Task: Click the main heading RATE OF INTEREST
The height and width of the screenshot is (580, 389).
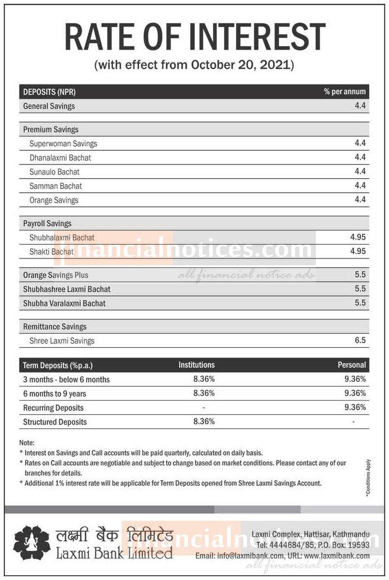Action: [194, 38]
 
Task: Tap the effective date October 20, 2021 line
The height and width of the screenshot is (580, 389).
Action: [194, 65]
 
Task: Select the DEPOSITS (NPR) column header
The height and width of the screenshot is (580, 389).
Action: [46, 92]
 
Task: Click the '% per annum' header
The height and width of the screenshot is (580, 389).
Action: [345, 92]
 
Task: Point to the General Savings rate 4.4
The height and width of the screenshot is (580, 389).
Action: [360, 106]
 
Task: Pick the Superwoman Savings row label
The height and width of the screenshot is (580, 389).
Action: [63, 144]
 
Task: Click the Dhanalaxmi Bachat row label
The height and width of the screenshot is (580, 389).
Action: [60, 158]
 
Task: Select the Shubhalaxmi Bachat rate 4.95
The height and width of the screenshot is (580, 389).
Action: [358, 237]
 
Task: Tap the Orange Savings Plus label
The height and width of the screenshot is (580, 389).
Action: [55, 275]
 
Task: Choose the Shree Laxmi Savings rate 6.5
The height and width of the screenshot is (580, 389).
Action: [360, 340]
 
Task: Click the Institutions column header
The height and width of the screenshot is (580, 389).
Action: [196, 365]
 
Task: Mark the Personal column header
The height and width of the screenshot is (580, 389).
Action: [351, 365]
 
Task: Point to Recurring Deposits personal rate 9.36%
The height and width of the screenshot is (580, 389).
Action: [355, 408]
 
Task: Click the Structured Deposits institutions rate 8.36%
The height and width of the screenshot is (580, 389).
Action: [204, 422]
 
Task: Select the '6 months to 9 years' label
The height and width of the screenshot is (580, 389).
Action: [54, 394]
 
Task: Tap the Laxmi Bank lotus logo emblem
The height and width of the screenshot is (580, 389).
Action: [32, 542]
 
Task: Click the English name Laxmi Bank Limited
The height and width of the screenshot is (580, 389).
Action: [114, 553]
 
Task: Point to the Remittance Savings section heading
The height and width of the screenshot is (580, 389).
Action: [54, 326]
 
